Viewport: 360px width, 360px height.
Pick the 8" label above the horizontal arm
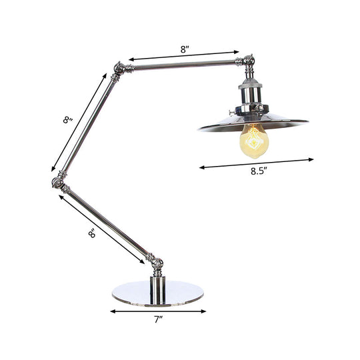click(185, 47)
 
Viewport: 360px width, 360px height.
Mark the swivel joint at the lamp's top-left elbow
click(121, 67)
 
